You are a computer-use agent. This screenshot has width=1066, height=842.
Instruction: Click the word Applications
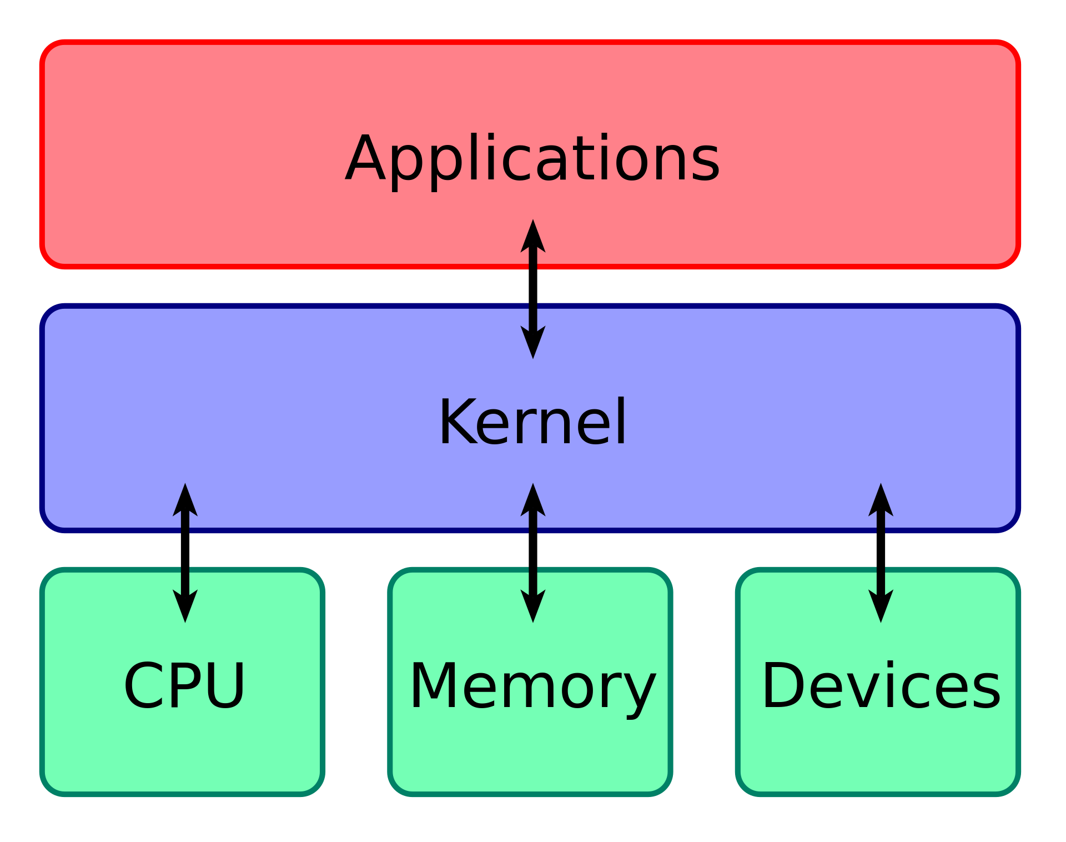click(x=532, y=159)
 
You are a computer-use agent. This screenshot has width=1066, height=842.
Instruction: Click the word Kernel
click(x=532, y=423)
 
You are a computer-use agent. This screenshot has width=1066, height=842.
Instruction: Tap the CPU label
click(x=184, y=686)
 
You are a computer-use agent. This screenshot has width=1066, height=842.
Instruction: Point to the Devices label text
click(x=881, y=686)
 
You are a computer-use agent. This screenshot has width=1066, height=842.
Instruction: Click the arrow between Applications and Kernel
click(x=533, y=289)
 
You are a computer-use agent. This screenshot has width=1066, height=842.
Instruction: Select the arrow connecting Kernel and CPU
click(x=185, y=553)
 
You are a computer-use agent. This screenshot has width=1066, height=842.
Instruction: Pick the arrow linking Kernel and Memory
click(x=533, y=553)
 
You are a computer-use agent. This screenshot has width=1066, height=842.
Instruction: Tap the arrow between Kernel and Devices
click(x=881, y=553)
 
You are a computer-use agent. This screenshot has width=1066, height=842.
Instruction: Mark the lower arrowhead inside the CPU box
click(x=185, y=606)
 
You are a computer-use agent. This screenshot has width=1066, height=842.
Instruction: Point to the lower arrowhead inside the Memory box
click(x=533, y=606)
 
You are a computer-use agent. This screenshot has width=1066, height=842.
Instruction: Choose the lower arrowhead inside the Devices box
click(x=881, y=606)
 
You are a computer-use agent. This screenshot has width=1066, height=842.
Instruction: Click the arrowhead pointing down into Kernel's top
click(x=533, y=342)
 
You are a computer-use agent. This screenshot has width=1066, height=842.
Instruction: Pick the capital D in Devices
click(x=782, y=685)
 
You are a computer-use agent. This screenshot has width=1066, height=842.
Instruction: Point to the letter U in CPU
click(x=224, y=685)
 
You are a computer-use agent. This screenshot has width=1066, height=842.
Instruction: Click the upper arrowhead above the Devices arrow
click(x=881, y=500)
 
